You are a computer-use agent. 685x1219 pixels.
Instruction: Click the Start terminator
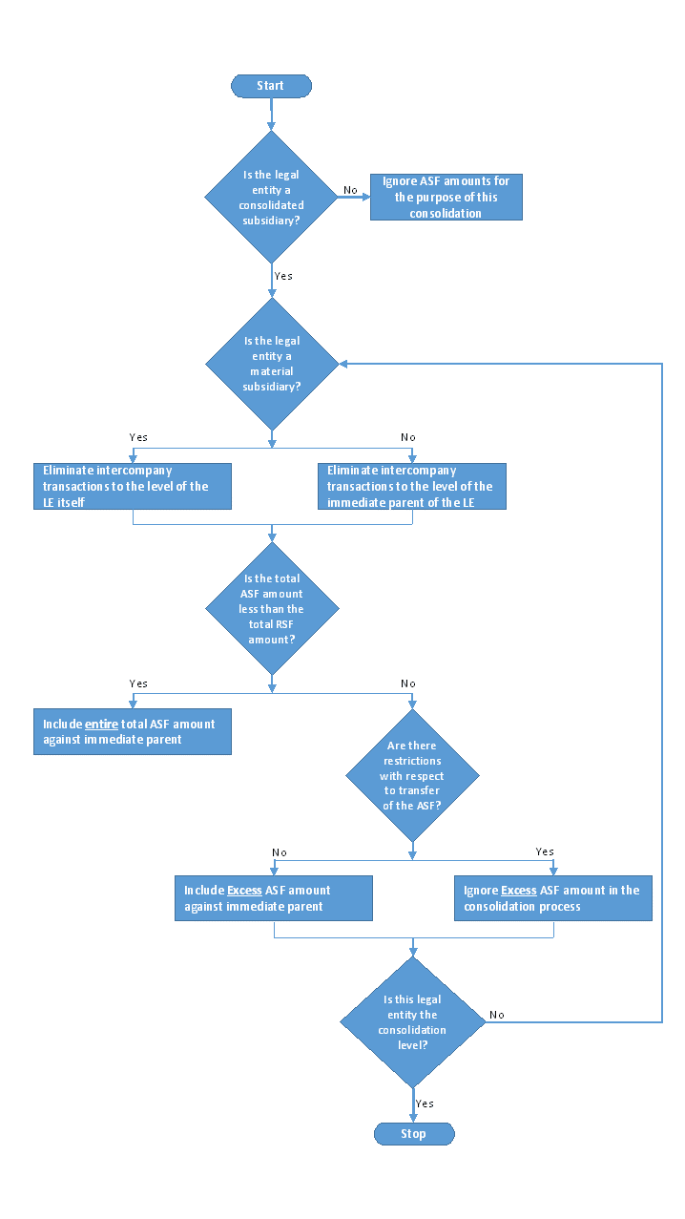271,86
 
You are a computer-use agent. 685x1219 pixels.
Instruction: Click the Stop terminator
414,1134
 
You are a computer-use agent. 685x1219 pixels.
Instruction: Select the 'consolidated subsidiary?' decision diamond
272,197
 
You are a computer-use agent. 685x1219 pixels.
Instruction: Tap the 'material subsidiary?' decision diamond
272,364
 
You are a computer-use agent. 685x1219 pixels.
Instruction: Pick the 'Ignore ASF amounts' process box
446,197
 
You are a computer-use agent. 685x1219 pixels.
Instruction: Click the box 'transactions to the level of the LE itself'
133,486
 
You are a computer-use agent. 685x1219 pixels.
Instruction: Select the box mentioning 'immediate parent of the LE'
411,486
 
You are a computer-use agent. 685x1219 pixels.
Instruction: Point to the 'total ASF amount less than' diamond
272,609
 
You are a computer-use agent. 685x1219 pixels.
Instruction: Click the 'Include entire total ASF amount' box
133,731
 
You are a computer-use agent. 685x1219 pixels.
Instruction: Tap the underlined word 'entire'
101,725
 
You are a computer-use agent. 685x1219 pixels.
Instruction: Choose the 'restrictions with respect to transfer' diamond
413,775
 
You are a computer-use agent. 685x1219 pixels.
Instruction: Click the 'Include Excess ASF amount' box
273,898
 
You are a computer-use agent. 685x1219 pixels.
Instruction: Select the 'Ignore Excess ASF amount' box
552,898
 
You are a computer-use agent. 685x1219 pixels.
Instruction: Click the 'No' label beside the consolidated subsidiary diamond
350,190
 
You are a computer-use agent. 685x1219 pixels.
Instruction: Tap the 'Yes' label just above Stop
425,1103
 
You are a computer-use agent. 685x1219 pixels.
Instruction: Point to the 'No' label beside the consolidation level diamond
497,1015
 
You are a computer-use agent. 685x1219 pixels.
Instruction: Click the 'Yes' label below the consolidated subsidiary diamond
283,276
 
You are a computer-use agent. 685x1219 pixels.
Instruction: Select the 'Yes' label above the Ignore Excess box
545,852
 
